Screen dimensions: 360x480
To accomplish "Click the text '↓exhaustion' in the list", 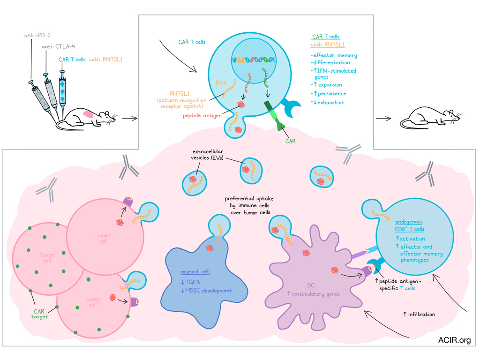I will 329,102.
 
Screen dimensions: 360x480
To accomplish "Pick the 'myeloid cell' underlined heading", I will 195,272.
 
